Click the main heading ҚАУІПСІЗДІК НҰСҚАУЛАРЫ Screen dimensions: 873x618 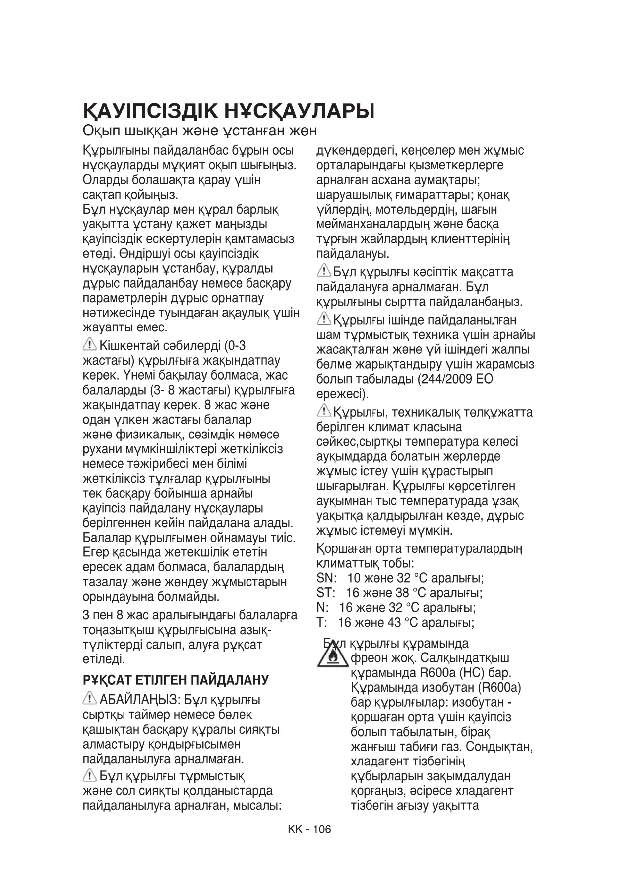click(228, 110)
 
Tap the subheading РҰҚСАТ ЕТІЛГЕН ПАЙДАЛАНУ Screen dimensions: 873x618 click(176, 680)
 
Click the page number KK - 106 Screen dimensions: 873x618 click(309, 829)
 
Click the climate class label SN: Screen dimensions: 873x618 click(326, 578)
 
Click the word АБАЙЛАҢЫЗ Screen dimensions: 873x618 click(138, 700)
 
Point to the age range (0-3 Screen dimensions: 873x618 click(235, 346)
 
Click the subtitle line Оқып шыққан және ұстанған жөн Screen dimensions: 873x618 click(199, 131)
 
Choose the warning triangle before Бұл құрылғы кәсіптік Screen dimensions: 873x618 click(324, 271)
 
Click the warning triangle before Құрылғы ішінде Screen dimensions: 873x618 click(324, 319)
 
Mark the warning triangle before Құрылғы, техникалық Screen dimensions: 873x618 click(324, 411)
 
